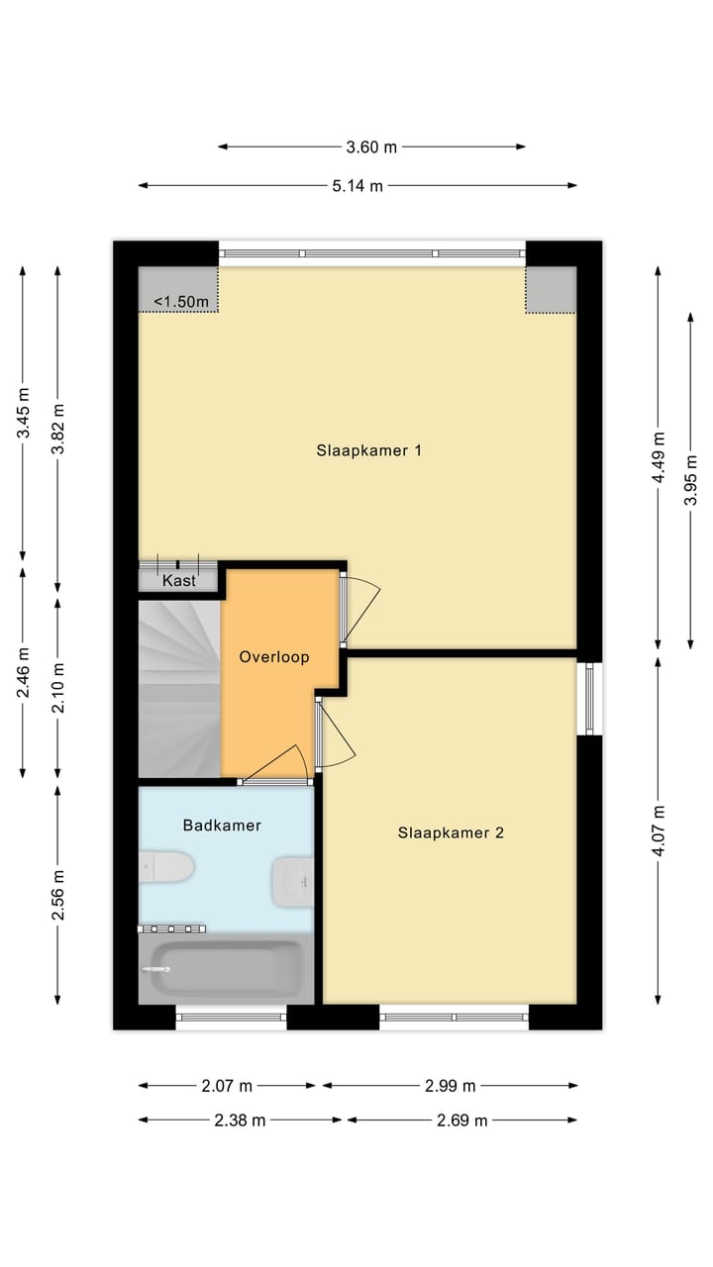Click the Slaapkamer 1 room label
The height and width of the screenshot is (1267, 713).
[x=369, y=450]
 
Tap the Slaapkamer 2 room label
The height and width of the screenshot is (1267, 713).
[x=451, y=832]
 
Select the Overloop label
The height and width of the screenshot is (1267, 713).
[x=274, y=656]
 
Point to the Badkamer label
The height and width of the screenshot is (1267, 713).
[x=222, y=825]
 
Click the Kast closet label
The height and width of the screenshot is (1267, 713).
[x=179, y=581]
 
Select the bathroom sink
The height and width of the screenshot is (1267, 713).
[x=293, y=880]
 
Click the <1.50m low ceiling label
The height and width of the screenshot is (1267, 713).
[x=181, y=301]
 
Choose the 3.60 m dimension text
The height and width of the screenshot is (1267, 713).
[x=371, y=146]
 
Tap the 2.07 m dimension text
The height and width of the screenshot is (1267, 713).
[x=227, y=1086]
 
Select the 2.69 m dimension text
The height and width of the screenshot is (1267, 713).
[x=461, y=1121]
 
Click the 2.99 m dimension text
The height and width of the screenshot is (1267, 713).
[x=450, y=1086]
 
